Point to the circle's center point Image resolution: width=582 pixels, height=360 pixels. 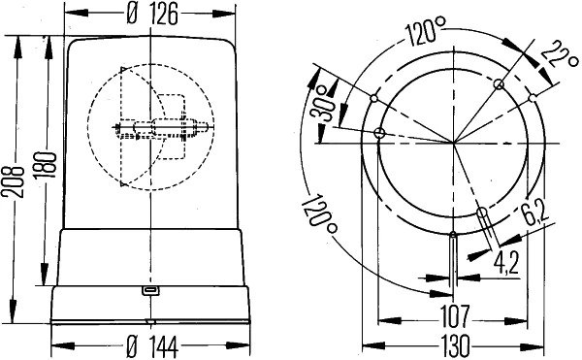pos(454,144)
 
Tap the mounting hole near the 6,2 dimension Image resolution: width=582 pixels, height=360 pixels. pos(481,213)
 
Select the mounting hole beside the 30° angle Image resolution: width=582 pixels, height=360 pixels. pos(379,133)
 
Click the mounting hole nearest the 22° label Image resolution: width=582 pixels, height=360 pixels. pos(499,84)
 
